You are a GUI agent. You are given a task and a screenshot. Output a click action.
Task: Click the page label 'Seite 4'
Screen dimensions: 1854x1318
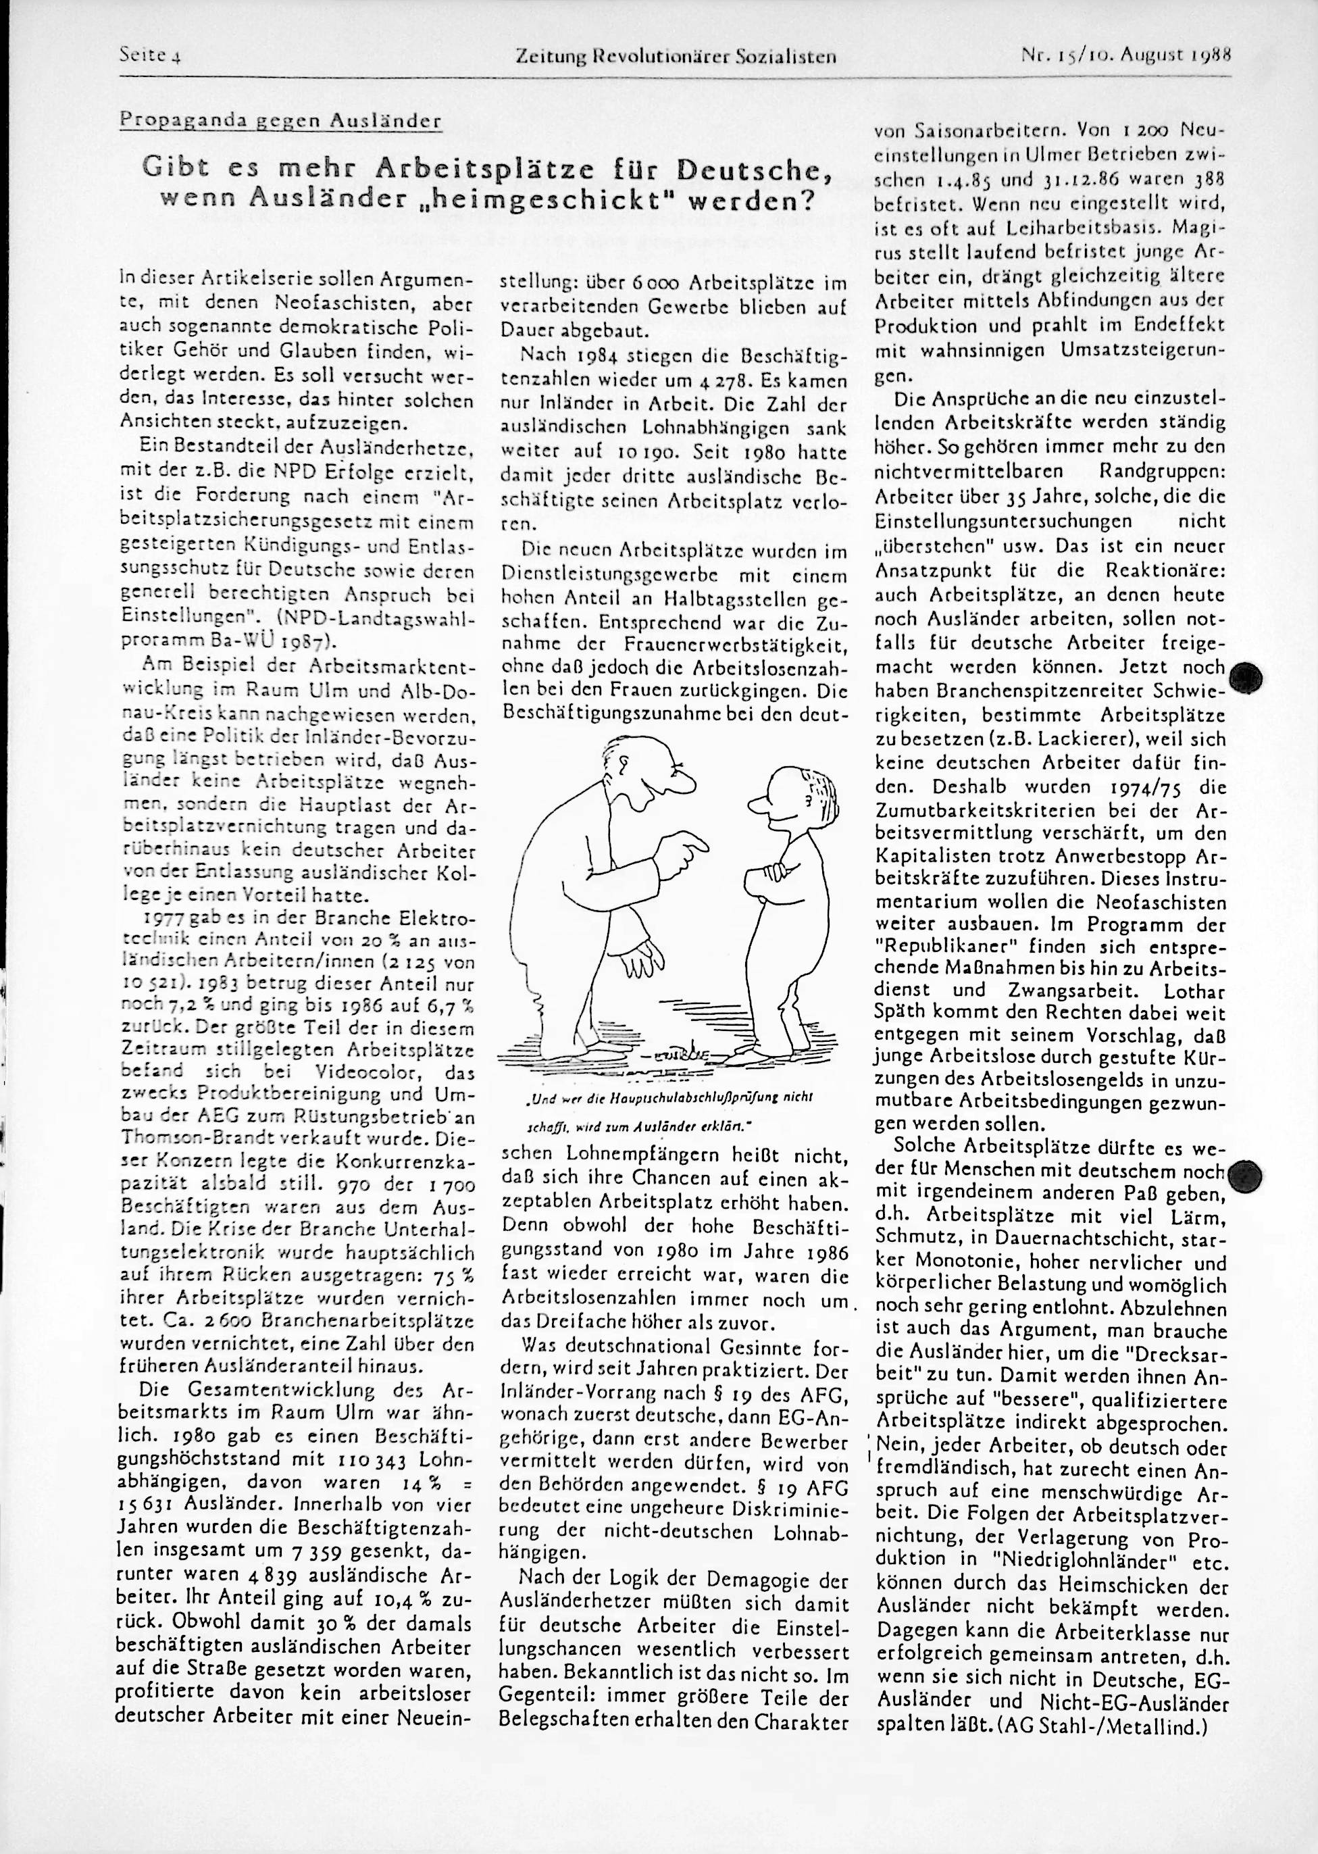click(x=149, y=57)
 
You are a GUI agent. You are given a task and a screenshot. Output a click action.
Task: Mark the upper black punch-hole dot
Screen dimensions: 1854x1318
click(x=1246, y=676)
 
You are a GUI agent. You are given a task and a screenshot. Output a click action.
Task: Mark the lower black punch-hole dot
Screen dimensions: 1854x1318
click(x=1246, y=1174)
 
